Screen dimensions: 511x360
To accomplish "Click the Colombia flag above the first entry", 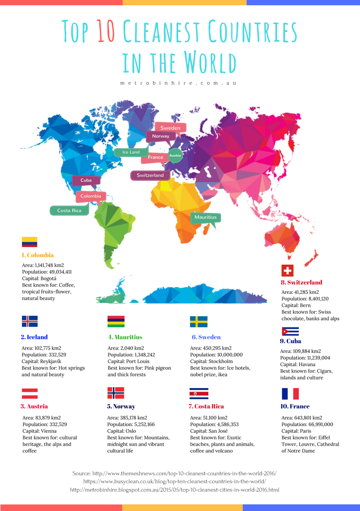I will pyautogui.click(x=30, y=242).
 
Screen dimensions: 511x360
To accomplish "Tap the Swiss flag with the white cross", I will pyautogui.click(x=287, y=270).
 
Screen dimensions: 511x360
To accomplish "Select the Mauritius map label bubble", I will pyautogui.click(x=206, y=217).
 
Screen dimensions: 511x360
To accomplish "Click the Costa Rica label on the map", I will pyautogui.click(x=69, y=211).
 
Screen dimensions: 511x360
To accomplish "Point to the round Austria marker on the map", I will pyautogui.click(x=175, y=156).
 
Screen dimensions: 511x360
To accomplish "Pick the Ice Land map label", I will pyautogui.click(x=131, y=152).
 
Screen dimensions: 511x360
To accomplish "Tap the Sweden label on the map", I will pyautogui.click(x=170, y=128).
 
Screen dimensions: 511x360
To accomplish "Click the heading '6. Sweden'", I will pyautogui.click(x=206, y=337).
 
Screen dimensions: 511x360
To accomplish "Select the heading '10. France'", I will pyautogui.click(x=296, y=406).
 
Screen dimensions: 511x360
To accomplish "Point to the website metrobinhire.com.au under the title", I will pyautogui.click(x=178, y=82).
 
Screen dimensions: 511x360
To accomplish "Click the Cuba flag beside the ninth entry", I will pyautogui.click(x=290, y=331).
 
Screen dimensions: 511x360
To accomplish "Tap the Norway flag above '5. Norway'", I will pyautogui.click(x=116, y=393).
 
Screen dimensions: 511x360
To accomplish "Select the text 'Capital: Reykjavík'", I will pyautogui.click(x=41, y=361).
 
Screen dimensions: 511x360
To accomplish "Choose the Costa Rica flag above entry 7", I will pyautogui.click(x=199, y=393).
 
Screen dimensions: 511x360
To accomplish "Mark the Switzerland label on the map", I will pyautogui.click(x=150, y=175).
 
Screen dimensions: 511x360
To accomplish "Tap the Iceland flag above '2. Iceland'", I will pyautogui.click(x=30, y=321).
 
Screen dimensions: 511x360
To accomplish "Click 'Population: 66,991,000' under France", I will pyautogui.click(x=307, y=425).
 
